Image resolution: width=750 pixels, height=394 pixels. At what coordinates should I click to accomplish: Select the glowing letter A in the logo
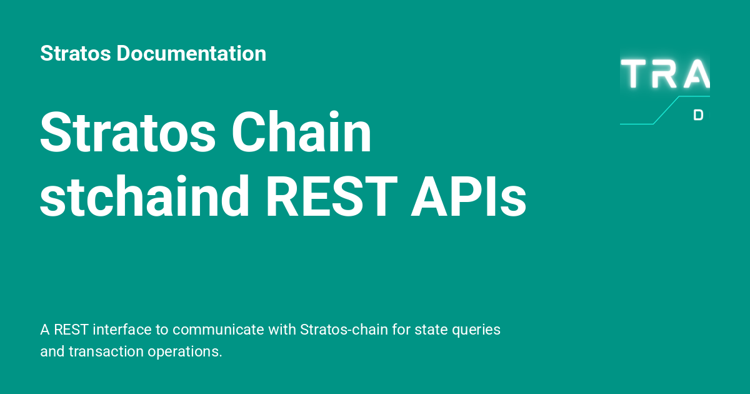tap(697, 74)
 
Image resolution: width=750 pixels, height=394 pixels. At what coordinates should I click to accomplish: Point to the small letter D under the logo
tap(699, 115)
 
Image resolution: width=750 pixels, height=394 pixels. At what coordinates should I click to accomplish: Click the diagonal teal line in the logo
tap(666, 111)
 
